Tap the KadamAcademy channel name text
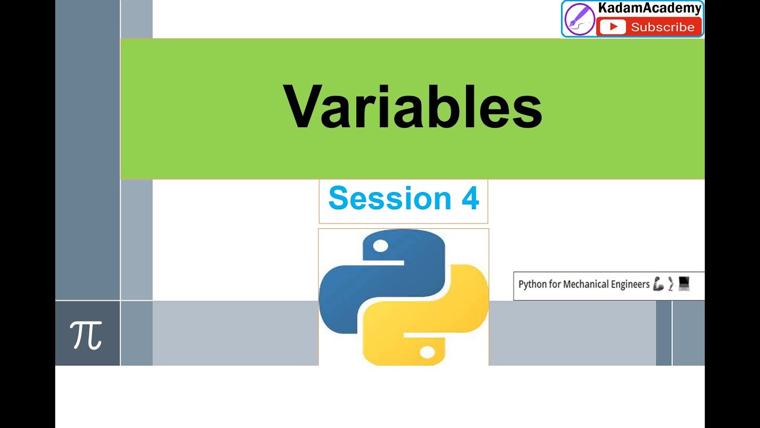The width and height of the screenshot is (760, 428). (650, 9)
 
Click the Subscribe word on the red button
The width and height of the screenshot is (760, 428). (662, 27)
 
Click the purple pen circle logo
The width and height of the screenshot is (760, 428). (579, 19)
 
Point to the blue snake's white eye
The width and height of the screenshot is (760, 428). (380, 246)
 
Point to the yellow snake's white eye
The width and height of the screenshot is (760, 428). (427, 353)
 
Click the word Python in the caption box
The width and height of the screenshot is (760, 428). (532, 285)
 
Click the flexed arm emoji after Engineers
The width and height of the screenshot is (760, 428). (658, 284)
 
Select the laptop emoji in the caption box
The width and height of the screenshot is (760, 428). (684, 284)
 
